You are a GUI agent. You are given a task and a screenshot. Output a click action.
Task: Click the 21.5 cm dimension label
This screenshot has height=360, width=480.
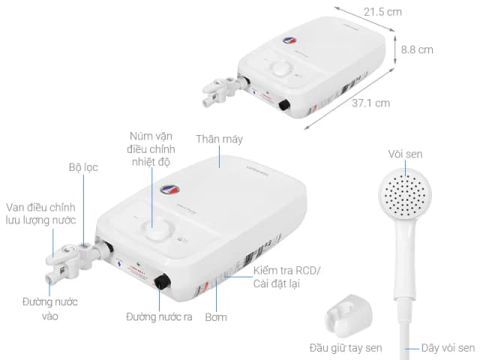pyautogui.click(x=382, y=13)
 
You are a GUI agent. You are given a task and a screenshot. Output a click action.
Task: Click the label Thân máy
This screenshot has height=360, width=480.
pyautogui.click(x=219, y=139)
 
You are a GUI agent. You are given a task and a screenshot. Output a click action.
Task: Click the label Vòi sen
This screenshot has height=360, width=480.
pyautogui.click(x=405, y=154)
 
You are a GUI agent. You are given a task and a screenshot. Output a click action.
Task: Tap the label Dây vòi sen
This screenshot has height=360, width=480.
pyautogui.click(x=448, y=347)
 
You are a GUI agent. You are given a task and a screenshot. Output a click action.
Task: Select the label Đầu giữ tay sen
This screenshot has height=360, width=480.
pyautogui.click(x=345, y=347)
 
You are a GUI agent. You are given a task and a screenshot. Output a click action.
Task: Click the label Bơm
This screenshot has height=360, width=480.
pyautogui.click(x=217, y=317)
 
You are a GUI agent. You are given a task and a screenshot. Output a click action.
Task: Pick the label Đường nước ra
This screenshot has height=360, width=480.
pyautogui.click(x=159, y=317)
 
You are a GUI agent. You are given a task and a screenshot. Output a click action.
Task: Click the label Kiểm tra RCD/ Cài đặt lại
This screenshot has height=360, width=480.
pyautogui.click(x=286, y=277)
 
